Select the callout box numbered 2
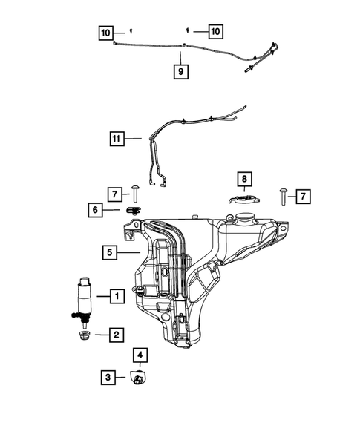point(117,335)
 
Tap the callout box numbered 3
point(108,377)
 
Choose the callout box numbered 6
point(97,211)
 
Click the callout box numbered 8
point(243,179)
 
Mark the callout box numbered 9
point(180,72)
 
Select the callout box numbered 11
point(115,138)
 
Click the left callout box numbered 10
point(107,32)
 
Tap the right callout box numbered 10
point(215,32)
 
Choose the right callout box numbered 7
point(304,197)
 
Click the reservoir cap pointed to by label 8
point(243,200)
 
